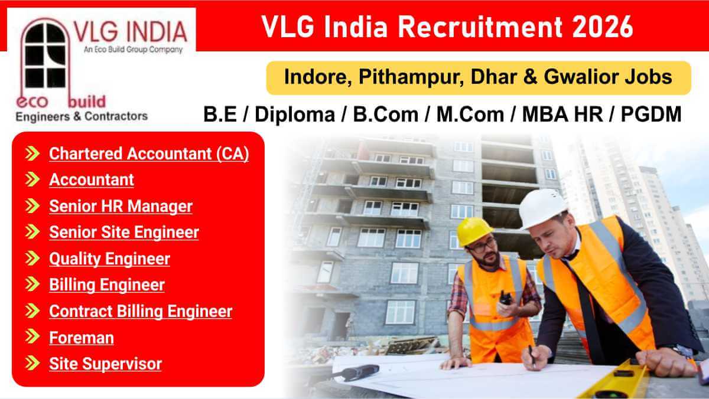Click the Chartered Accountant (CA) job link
coord(149,153)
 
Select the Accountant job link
coord(92,179)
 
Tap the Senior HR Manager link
coord(121,206)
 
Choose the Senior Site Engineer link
coord(124,232)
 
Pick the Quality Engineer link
coord(109,259)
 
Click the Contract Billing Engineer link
coord(141,311)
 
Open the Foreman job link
coord(82,338)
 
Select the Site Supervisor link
coord(105,364)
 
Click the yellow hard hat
coord(474,230)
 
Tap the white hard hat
coord(542,207)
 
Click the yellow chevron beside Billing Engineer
coord(33,284)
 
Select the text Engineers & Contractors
coord(81,116)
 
